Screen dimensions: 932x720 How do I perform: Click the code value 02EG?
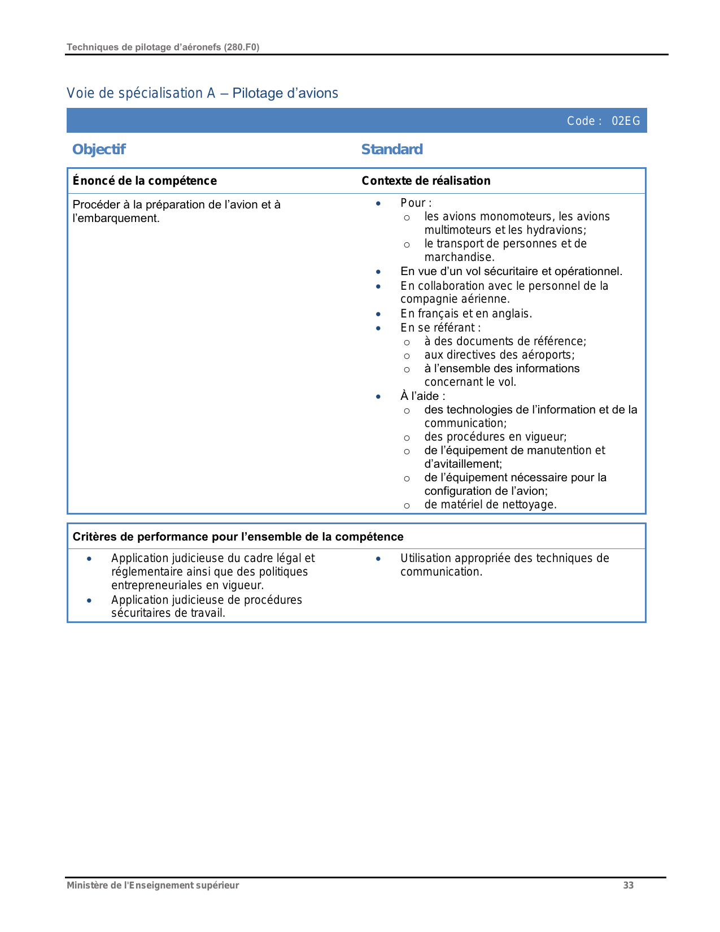coord(626,121)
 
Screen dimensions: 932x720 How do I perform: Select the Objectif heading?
coord(99,149)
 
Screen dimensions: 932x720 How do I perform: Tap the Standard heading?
coord(392,149)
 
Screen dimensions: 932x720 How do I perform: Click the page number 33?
coord(628,885)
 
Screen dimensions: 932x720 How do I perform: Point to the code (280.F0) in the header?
coord(242,47)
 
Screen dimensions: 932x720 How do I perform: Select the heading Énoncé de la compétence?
coord(145,181)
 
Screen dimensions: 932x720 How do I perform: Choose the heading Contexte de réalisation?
coord(426,181)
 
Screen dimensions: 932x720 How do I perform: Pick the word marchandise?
coord(459,257)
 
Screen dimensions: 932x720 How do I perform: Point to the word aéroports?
coord(546,355)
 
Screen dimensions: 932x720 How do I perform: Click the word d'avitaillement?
coord(462,464)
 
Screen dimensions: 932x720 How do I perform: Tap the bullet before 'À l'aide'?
coord(378,397)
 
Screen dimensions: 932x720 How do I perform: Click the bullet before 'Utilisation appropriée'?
coord(378,559)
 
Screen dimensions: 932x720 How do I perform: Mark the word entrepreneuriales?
coord(157,585)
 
